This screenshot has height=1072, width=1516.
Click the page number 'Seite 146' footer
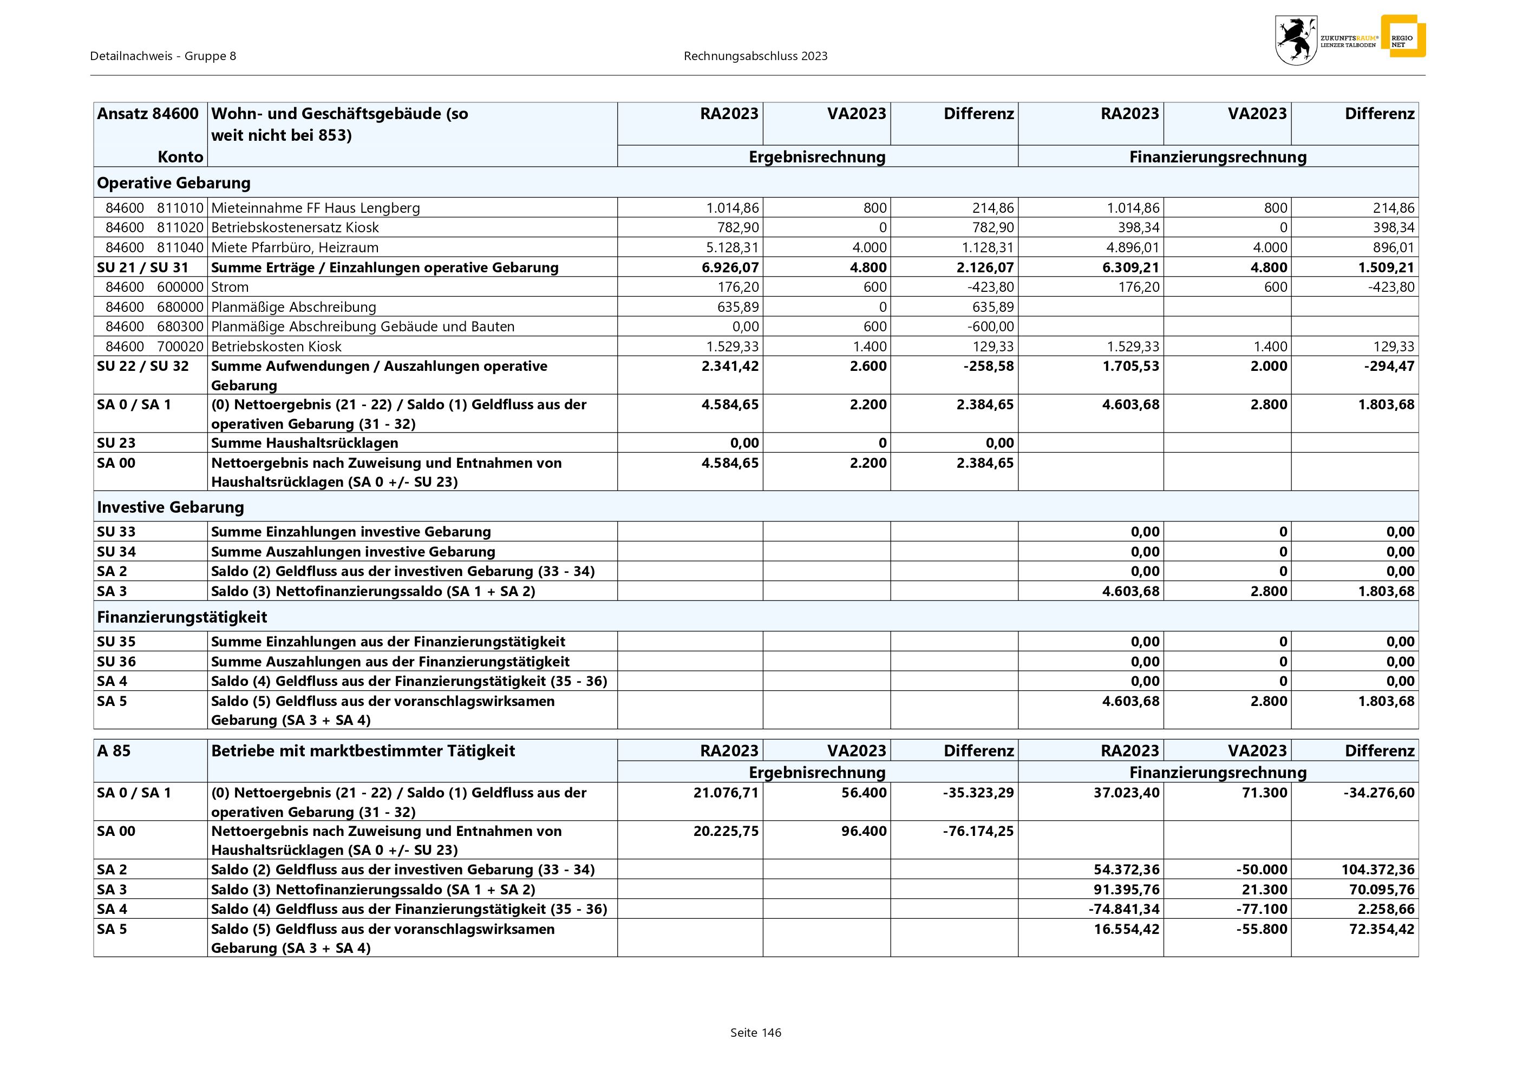click(755, 1032)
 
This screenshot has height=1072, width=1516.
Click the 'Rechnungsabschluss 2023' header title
click(755, 56)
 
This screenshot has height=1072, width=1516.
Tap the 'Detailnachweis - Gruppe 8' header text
click(163, 56)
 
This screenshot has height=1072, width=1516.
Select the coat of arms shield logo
click(1296, 40)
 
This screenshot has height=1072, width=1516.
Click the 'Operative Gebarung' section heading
click(174, 183)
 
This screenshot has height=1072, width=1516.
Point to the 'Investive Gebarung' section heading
click(171, 507)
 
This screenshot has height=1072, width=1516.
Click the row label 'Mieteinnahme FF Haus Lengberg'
click(315, 208)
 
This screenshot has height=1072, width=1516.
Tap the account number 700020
click(180, 347)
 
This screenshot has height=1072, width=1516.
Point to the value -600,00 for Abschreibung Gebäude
click(990, 327)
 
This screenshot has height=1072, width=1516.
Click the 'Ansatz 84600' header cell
click(148, 114)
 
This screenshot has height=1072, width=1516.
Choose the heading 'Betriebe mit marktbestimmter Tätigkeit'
click(363, 750)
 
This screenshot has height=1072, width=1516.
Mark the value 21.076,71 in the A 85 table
click(726, 793)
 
